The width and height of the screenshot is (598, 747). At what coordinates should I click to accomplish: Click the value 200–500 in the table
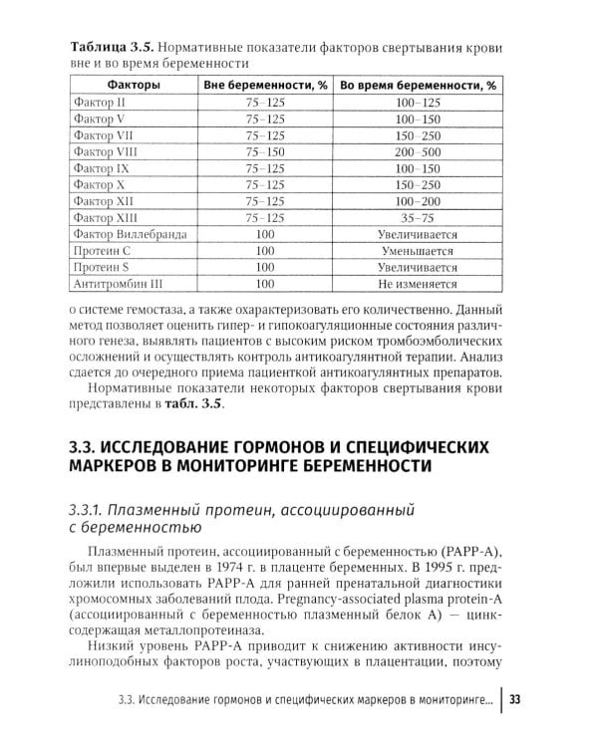pos(418,151)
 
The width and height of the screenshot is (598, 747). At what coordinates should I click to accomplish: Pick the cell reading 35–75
pos(418,217)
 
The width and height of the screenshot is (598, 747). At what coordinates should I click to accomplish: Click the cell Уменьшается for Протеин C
pos(418,250)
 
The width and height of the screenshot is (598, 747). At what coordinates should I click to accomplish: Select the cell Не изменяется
pos(418,283)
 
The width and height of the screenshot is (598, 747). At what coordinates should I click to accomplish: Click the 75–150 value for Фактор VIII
pos(265,151)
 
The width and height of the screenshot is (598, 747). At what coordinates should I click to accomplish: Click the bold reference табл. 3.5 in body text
pos(192,403)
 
